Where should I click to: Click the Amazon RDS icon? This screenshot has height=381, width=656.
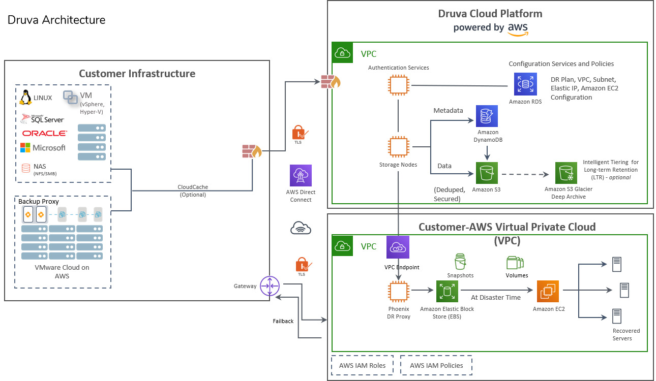(525, 84)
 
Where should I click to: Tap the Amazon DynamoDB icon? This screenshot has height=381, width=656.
(487, 116)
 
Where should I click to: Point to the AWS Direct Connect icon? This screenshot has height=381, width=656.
(301, 175)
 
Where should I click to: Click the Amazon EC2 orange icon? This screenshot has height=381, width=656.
(548, 292)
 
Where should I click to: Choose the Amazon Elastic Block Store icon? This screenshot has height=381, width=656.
(447, 292)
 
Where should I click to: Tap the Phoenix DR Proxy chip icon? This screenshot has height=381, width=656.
(399, 292)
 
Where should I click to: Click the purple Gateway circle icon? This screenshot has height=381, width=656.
(270, 286)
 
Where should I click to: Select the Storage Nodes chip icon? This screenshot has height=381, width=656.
(399, 148)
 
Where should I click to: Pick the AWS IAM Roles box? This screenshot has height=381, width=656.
(362, 365)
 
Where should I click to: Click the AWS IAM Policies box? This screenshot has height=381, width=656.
(436, 365)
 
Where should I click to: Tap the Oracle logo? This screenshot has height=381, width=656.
(44, 133)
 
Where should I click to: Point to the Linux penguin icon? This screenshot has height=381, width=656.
(26, 98)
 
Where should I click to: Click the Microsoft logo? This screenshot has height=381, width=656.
(43, 148)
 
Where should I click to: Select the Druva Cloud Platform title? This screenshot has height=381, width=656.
(490, 14)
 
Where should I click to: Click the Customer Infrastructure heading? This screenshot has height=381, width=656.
(137, 74)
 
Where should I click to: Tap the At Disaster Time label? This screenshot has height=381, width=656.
(495, 297)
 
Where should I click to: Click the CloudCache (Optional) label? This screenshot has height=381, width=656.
(193, 190)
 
